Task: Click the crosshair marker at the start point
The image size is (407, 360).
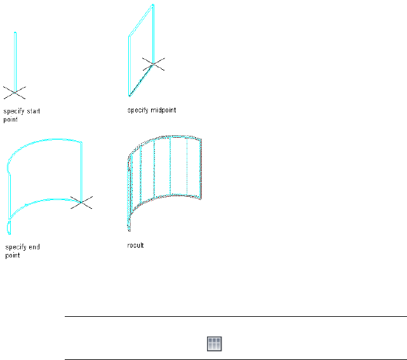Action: pyautogui.click(x=15, y=92)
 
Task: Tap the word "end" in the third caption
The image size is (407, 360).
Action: pyautogui.click(x=34, y=248)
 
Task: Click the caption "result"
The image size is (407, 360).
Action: pyautogui.click(x=136, y=245)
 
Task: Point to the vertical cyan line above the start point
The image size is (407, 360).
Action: pyautogui.click(x=15, y=60)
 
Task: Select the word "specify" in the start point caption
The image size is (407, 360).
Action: pyautogui.click(x=13, y=111)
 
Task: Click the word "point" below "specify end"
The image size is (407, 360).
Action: pyautogui.click(x=12, y=255)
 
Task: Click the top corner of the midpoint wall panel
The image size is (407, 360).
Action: pyautogui.click(x=152, y=6)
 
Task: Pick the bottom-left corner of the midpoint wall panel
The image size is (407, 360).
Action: pyautogui.click(x=129, y=96)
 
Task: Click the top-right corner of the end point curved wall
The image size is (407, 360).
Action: pyautogui.click(x=82, y=142)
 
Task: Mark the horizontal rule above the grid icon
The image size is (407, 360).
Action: pyautogui.click(x=235, y=316)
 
